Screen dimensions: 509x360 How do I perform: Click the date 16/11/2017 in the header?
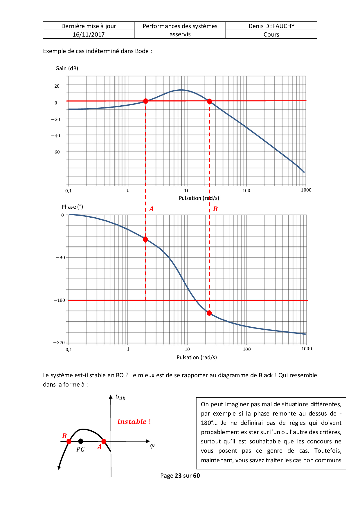click(x=89, y=35)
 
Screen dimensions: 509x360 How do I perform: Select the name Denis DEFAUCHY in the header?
click(x=271, y=26)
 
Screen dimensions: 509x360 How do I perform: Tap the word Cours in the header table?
click(x=271, y=35)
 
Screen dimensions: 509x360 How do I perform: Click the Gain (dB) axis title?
click(x=67, y=68)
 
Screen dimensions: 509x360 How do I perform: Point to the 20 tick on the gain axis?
click(x=57, y=86)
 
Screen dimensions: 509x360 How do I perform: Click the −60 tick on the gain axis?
click(x=55, y=152)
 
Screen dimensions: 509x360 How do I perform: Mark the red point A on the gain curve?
click(x=145, y=101)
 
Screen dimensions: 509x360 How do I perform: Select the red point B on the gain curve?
click(x=209, y=101)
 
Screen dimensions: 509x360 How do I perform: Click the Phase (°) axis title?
click(x=72, y=207)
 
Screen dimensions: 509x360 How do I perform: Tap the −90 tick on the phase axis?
click(x=60, y=258)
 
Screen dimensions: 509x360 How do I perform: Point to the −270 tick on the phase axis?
click(x=59, y=343)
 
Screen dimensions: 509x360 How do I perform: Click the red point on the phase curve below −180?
click(x=209, y=313)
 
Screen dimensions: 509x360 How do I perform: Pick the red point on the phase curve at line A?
click(x=145, y=239)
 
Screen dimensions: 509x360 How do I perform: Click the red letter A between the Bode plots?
click(x=151, y=209)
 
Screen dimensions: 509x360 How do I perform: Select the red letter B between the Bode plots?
click(x=215, y=209)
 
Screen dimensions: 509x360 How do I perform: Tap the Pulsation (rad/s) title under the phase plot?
click(x=197, y=358)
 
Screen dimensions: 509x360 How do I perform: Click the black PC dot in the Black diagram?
click(x=81, y=441)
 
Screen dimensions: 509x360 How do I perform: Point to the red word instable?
click(x=132, y=422)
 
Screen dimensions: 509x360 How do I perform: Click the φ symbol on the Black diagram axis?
click(x=152, y=446)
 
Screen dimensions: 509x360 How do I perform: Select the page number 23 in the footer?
click(x=178, y=476)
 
